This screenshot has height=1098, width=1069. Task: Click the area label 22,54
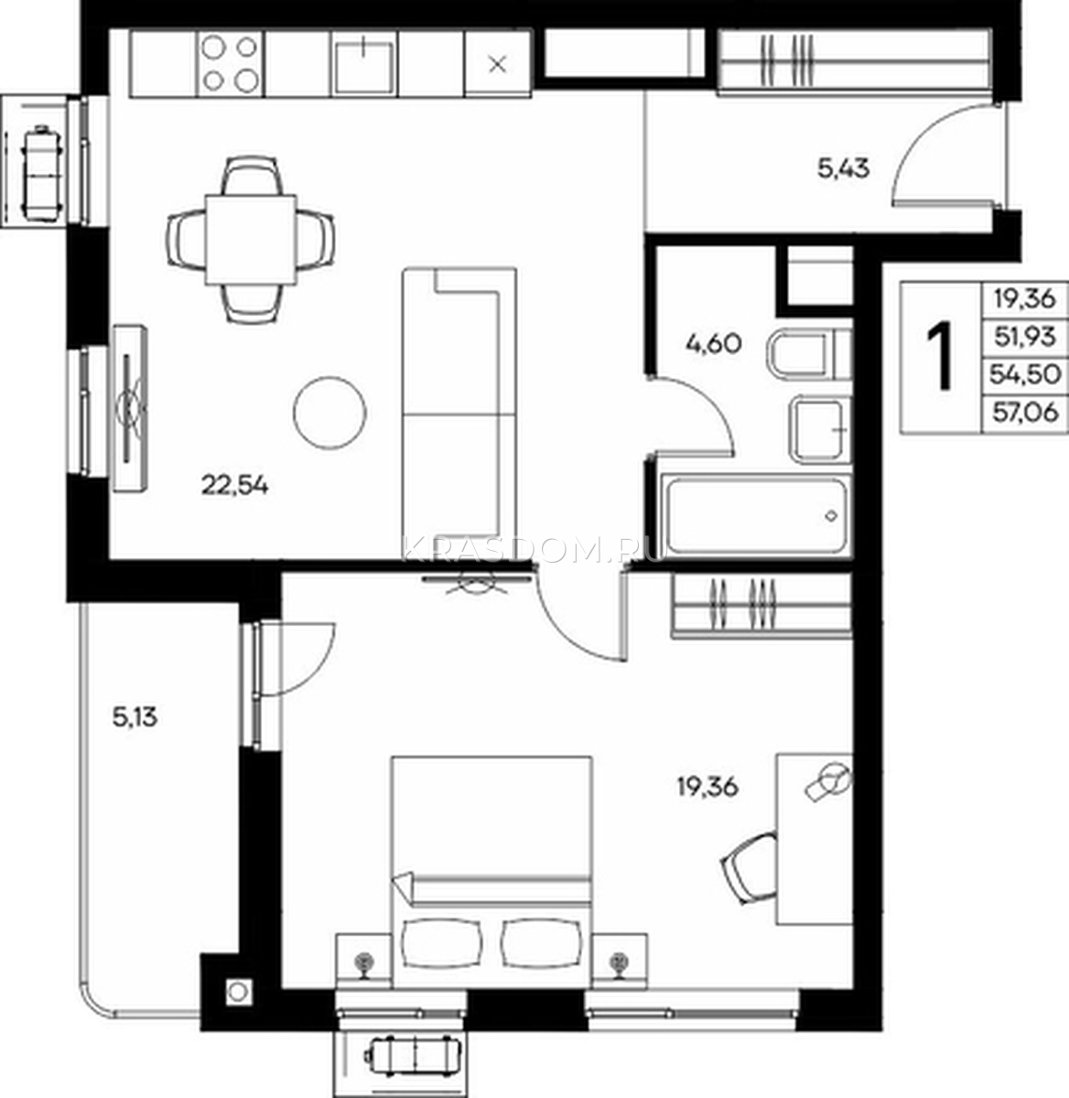235,485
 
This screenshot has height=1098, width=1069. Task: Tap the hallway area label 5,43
843,168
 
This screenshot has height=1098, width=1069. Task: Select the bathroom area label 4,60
713,343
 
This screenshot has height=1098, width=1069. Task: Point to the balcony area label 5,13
135,718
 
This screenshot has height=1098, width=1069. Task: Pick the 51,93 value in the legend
1025,337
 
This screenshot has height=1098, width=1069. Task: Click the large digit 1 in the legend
940,356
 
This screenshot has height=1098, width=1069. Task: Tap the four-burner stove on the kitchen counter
230,64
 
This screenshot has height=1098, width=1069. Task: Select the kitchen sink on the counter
364,64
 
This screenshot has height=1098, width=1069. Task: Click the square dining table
251,240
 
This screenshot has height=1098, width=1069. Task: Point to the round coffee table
329,413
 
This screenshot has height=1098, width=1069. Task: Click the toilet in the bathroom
809,355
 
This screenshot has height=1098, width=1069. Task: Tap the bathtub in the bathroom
755,515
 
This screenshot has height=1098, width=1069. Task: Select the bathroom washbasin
818,430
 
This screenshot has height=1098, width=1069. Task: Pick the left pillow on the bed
441,943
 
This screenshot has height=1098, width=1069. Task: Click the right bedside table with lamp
620,961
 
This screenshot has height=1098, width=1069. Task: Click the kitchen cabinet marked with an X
497,64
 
